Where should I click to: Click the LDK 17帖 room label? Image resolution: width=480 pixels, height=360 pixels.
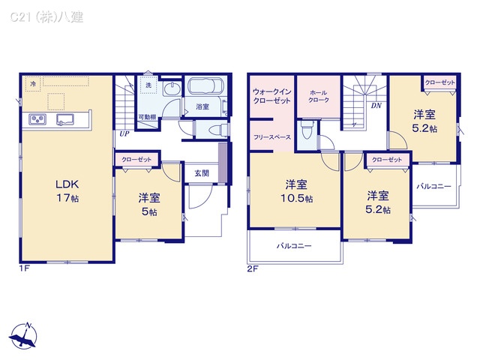tap(66, 190)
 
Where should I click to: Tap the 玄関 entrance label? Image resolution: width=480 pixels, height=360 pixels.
tap(201, 173)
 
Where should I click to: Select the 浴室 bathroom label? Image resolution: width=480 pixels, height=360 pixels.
tap(202, 107)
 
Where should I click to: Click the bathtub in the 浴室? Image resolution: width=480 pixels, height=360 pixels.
tap(202, 86)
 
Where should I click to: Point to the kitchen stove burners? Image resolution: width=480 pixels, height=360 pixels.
tap(37, 120)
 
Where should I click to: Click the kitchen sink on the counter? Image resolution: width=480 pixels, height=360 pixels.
tap(65, 120)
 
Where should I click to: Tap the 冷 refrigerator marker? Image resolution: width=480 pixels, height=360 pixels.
tap(33, 85)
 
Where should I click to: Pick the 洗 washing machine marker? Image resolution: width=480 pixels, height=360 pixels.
tap(148, 85)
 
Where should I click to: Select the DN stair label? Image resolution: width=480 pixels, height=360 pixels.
tap(376, 106)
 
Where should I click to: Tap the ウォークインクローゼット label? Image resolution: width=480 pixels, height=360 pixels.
tap(271, 94)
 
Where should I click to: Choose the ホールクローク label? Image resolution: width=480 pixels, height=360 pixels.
tap(319, 94)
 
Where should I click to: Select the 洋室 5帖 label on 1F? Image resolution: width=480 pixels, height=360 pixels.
tap(148, 205)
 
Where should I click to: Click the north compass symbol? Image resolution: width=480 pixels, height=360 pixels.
tap(25, 334)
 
